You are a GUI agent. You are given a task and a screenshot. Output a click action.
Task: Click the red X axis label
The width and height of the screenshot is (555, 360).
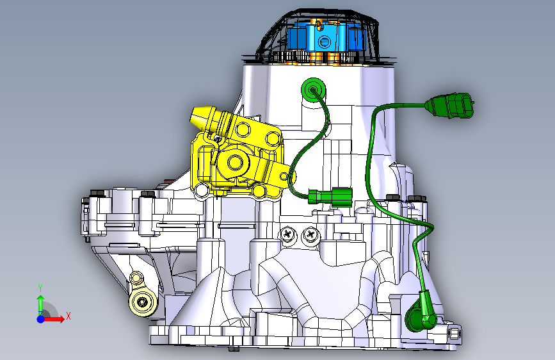68,316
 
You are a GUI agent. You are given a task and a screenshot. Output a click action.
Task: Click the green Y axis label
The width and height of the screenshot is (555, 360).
40,288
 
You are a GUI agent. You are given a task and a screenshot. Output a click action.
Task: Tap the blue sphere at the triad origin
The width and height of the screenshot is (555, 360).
41,319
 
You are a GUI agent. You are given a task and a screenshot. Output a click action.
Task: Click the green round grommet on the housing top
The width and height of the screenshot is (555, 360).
313,89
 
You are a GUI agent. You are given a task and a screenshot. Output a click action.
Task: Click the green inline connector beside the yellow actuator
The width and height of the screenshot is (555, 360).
330,196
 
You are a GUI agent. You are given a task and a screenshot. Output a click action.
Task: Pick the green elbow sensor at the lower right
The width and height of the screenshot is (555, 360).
422,313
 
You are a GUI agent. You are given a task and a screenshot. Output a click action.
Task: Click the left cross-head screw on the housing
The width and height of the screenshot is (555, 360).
289,234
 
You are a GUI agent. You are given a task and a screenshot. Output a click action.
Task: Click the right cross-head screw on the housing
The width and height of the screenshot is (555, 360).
310,234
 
